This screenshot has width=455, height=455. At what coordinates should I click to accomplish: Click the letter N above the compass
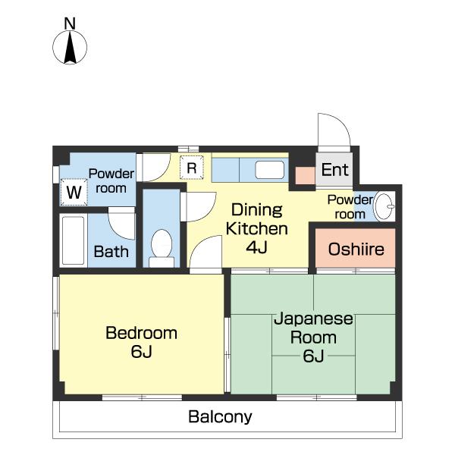coord(70,24)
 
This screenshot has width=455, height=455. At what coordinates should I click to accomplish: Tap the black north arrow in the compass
coord(70,48)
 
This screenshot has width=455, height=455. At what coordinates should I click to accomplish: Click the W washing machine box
coord(74,192)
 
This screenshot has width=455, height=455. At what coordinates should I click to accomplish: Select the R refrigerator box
coord(192,168)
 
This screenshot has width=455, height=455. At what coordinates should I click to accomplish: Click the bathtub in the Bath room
coord(73,240)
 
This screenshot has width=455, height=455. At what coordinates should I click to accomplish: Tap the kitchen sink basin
coord(269,170)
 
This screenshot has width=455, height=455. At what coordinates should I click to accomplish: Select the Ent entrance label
coord(334,170)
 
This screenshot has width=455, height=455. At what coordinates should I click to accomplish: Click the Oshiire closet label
coord(356,249)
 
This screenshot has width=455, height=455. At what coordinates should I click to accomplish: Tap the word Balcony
coord(220,417)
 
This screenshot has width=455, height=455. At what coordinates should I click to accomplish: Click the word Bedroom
coord(141,333)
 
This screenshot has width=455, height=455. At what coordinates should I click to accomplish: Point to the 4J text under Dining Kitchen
coord(256,247)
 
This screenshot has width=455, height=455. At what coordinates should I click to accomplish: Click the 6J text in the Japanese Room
coord(313,356)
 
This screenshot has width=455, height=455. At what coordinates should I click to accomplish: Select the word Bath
coord(111,252)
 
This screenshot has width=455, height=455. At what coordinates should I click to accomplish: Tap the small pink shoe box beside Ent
coord(306,176)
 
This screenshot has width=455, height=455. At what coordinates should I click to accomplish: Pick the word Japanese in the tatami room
coord(313,319)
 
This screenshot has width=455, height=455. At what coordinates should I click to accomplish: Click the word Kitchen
coord(257,229)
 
